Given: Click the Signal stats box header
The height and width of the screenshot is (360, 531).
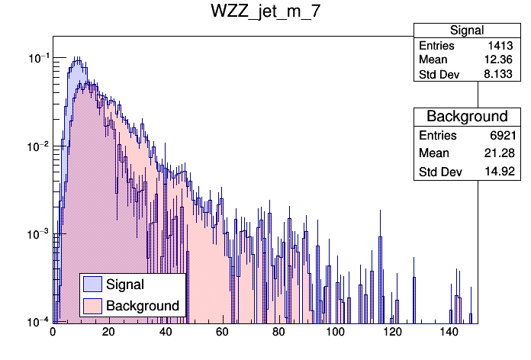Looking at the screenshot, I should point(467,31).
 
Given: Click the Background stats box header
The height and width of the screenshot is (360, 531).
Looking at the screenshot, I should point(467,117).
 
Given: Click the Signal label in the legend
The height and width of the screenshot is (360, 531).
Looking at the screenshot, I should point(125,284).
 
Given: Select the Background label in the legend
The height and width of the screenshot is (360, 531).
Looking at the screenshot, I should point(143,306).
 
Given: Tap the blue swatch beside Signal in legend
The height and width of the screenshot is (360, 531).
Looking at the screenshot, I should point(93,284).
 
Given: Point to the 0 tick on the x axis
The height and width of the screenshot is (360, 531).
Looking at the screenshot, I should point(53,332).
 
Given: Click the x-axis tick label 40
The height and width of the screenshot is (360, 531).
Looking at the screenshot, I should point(166,332).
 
